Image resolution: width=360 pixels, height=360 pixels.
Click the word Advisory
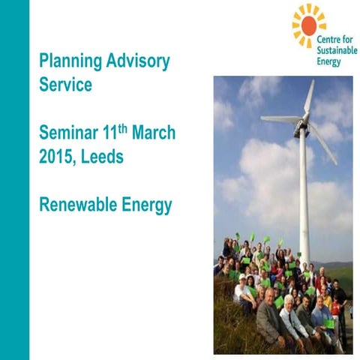click(140, 60)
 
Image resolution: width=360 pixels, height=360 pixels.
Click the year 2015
click(58, 157)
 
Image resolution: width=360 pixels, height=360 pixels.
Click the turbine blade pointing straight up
click(307, 97)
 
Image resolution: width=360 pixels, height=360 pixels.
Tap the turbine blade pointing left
click(279, 119)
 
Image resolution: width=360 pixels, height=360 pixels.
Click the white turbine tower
click(304, 195)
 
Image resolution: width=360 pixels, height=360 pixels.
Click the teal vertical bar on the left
click(14, 180)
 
